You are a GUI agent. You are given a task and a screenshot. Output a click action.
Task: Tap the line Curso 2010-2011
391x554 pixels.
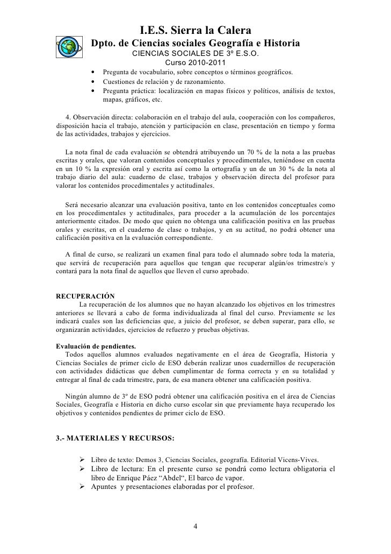point(195,63)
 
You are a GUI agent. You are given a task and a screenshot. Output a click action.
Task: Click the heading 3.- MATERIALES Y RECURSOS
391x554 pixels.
point(115,438)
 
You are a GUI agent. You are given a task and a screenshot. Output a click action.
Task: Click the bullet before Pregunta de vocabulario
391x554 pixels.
point(94,73)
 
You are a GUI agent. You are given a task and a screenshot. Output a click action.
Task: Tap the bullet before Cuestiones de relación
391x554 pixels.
point(94,82)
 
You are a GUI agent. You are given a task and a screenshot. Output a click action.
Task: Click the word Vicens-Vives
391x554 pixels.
point(298,459)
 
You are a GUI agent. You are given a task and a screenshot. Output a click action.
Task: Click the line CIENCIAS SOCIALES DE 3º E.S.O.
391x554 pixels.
point(195,54)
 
